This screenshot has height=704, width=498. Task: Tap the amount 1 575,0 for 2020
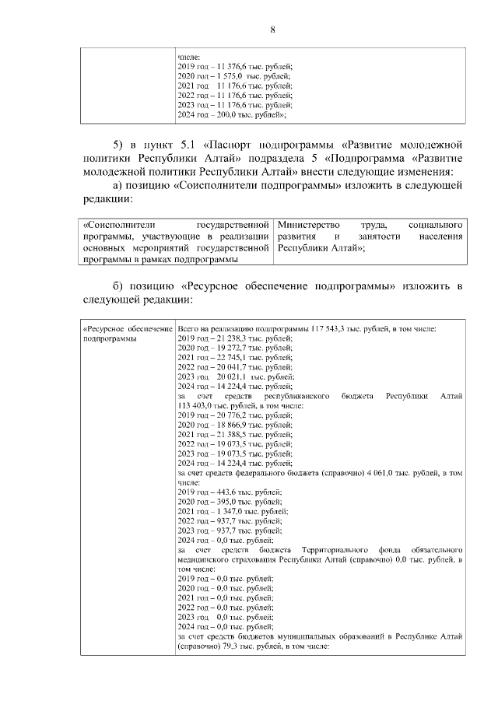(228, 76)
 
